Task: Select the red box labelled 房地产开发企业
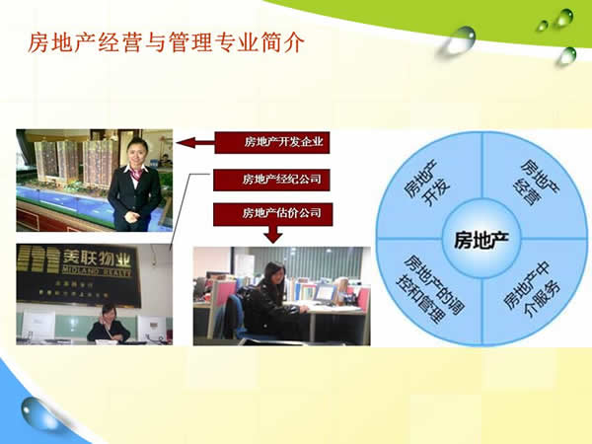click(x=271, y=142)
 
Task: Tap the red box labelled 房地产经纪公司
click(x=271, y=180)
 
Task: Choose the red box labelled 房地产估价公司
click(x=271, y=212)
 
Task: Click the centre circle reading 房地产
click(x=481, y=238)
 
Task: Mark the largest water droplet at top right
click(x=460, y=39)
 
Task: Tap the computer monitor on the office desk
click(x=324, y=293)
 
